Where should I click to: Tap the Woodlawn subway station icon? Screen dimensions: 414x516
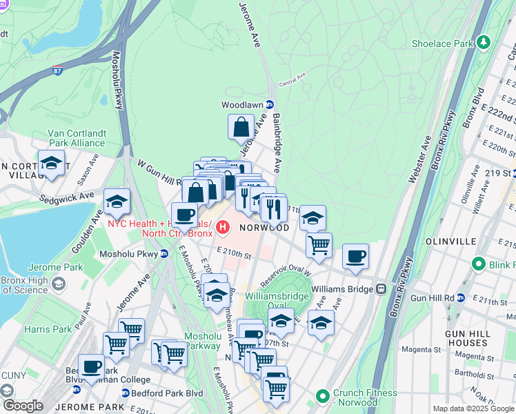tap(270, 105)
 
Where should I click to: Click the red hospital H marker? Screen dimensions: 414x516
tap(223, 226)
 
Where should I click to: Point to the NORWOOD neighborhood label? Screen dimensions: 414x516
tap(264, 227)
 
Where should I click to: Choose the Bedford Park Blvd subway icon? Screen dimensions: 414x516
tap(125, 393)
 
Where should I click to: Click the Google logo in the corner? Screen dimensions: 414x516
tap(22, 406)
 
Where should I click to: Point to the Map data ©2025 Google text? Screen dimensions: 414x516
tap(472, 408)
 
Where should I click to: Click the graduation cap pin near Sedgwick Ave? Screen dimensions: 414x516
tap(117, 201)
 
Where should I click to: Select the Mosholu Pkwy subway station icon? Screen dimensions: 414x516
tap(163, 253)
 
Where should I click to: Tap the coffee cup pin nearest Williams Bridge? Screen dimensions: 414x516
tap(355, 257)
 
